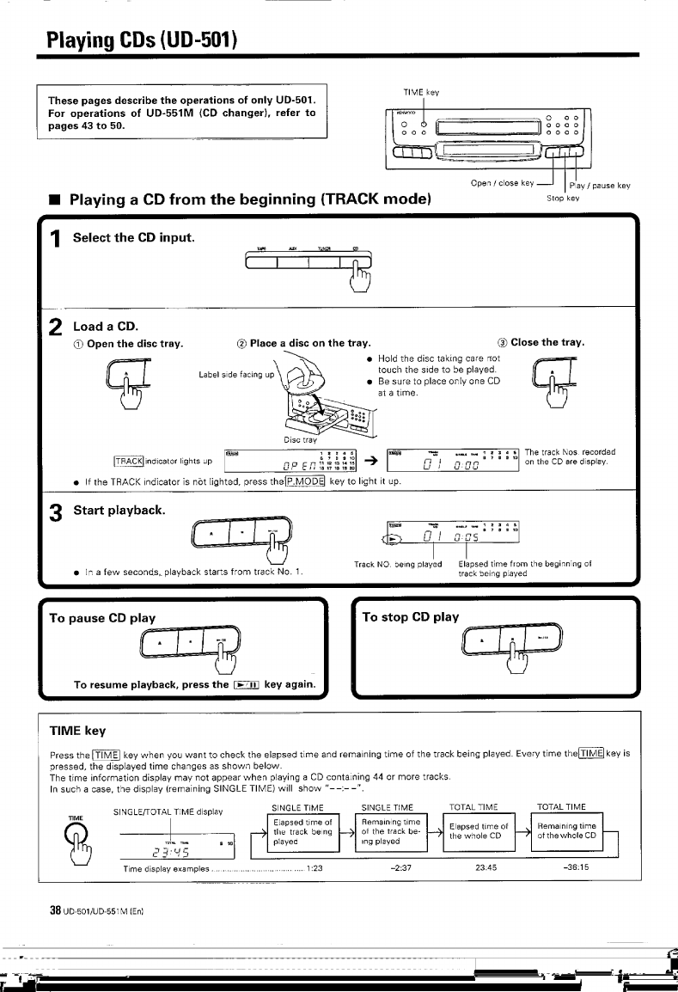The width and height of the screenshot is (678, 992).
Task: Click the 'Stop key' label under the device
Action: click(x=564, y=197)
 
